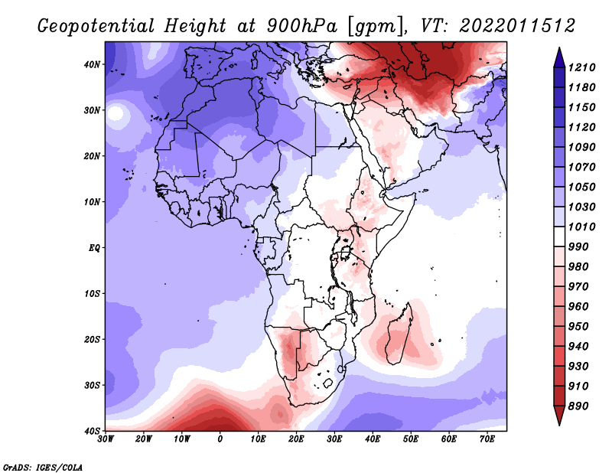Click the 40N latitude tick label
(x=93, y=64)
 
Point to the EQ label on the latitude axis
(x=94, y=248)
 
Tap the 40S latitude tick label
(x=93, y=431)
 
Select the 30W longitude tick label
(x=106, y=439)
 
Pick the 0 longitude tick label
(x=220, y=439)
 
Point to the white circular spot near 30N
(x=116, y=114)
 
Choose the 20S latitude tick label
(x=93, y=339)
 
